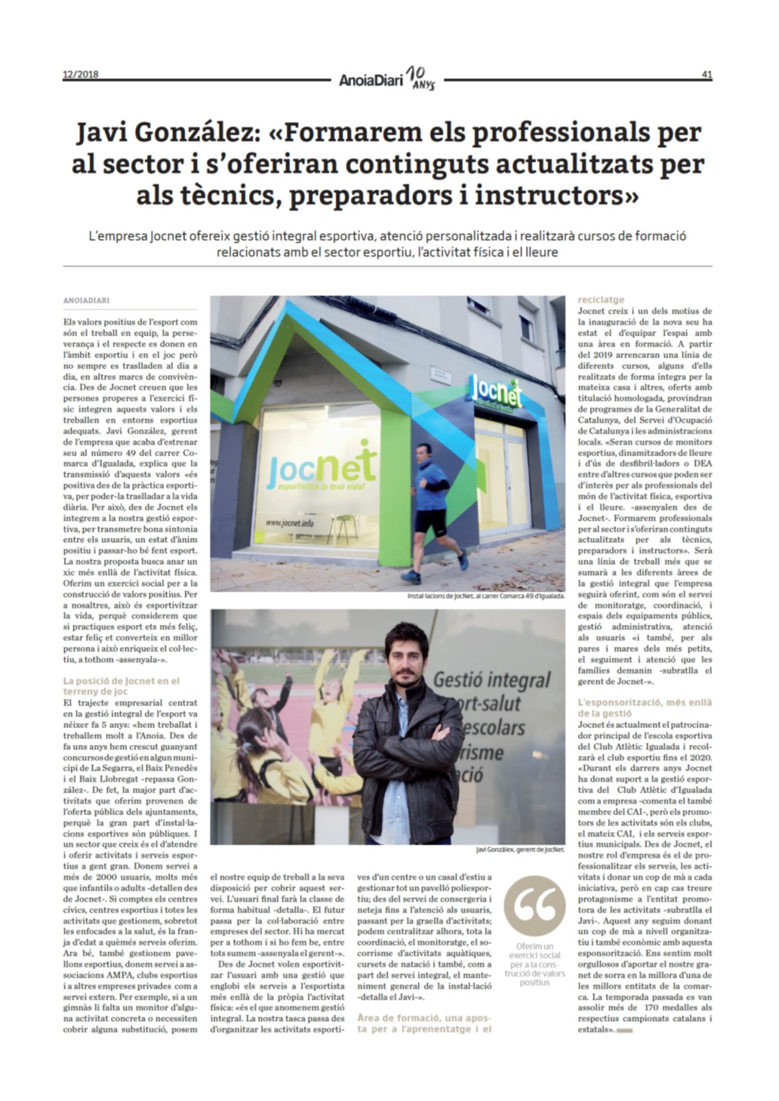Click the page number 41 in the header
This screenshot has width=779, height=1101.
(707, 75)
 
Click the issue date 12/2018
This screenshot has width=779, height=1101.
(80, 74)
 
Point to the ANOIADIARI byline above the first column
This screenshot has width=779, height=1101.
(86, 301)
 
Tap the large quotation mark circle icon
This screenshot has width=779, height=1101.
(534, 906)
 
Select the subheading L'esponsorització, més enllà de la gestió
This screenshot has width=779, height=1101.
(645, 707)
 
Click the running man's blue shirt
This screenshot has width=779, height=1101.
(431, 476)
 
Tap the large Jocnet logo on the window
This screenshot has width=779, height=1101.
(322, 466)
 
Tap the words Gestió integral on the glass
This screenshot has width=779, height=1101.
(492, 679)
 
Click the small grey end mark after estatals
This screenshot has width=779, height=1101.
(625, 1031)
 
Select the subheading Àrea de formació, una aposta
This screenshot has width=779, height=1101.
(424, 1023)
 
